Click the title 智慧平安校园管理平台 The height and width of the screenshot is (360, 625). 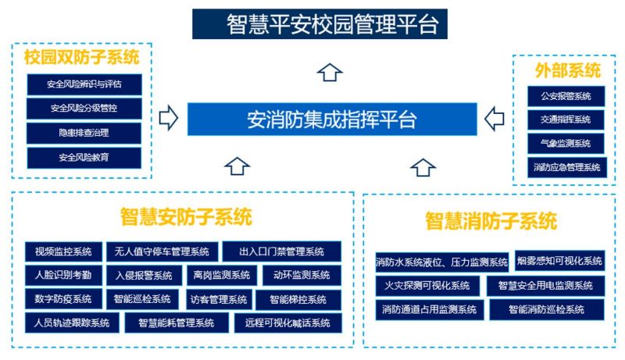320,23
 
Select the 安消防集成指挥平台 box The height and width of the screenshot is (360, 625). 331,119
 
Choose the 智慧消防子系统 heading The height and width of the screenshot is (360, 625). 491,220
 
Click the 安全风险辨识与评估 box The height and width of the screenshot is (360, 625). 84,84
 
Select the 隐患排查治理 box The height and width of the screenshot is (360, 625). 84,133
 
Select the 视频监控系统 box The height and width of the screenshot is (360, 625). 63,251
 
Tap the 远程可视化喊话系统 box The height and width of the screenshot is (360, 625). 287,323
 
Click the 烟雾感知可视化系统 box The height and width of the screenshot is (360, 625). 559,261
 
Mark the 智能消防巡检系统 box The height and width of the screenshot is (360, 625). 547,309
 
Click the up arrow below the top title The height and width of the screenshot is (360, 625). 330,73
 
